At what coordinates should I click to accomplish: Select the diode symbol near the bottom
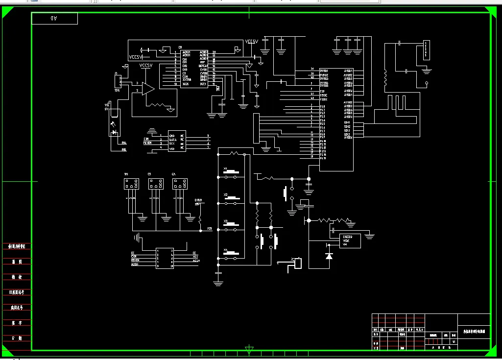pyautogui.click(x=329, y=255)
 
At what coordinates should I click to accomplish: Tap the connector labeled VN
pyautogui.click(x=131, y=184)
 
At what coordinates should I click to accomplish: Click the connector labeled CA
pyautogui.click(x=180, y=184)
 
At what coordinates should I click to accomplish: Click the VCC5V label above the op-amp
pyautogui.click(x=146, y=66)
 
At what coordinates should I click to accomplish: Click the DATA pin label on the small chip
pyautogui.click(x=173, y=140)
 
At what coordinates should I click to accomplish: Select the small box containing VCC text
pyautogui.click(x=350, y=240)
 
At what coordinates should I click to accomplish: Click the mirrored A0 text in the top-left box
pyautogui.click(x=54, y=19)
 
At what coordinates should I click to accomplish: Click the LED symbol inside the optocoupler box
pyautogui.click(x=114, y=132)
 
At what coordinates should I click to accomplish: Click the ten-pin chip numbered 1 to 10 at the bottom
pyautogui.click(x=165, y=259)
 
